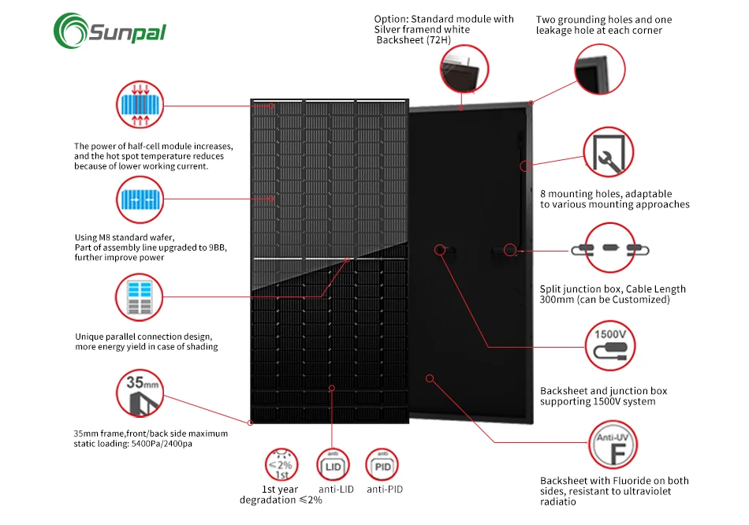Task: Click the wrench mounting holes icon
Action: point(608,154)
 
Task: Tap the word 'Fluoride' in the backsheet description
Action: point(631,480)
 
